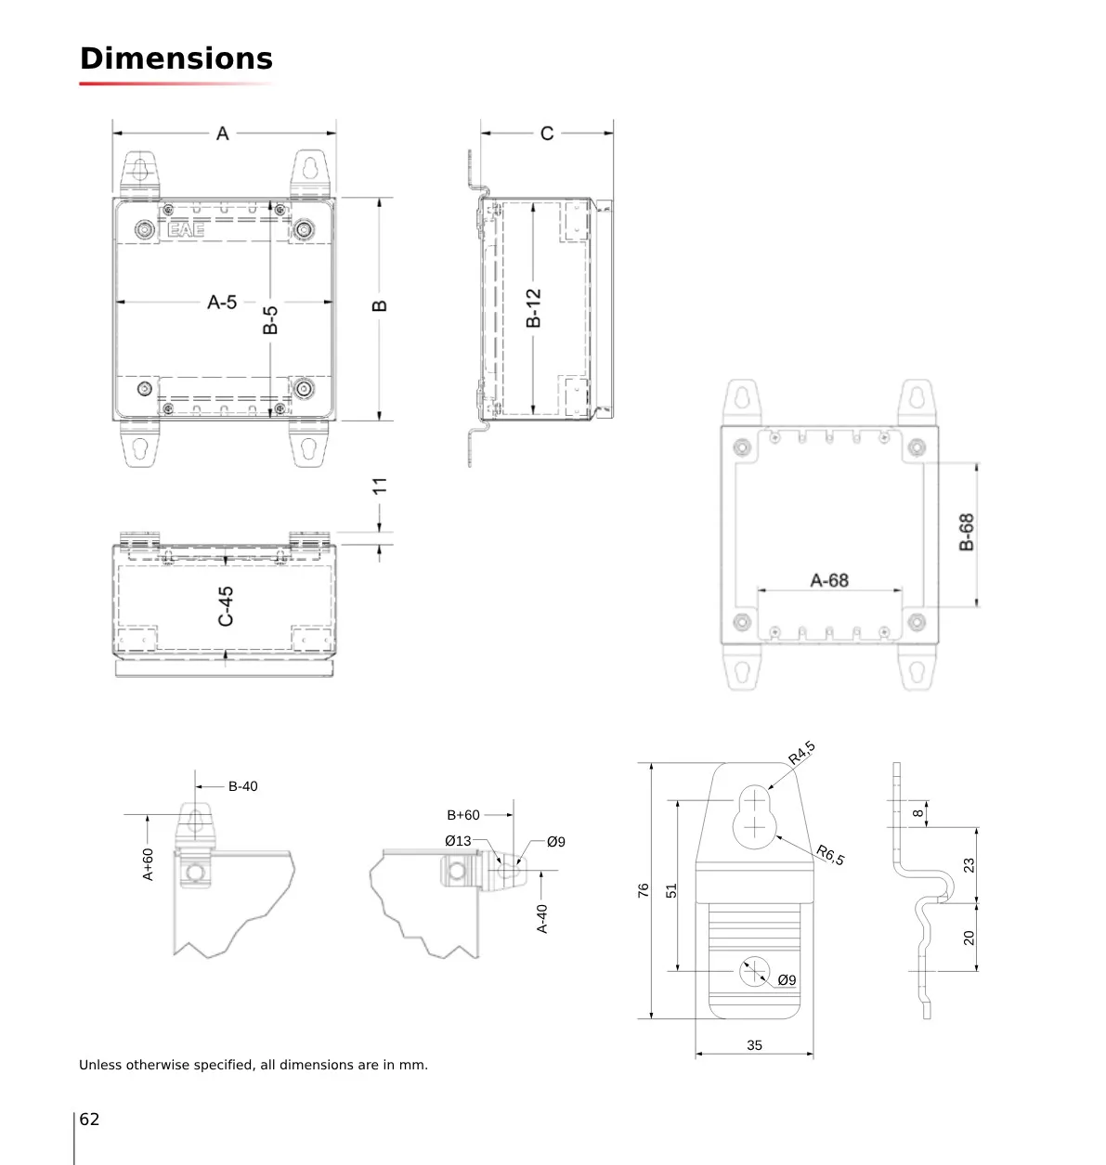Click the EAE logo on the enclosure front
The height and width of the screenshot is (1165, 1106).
[x=186, y=230]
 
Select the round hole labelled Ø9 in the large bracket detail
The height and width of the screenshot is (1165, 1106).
[x=754, y=971]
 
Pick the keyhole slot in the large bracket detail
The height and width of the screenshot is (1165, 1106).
[x=754, y=817]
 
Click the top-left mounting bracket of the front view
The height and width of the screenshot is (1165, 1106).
[x=140, y=174]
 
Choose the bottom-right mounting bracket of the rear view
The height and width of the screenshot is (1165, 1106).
[x=917, y=667]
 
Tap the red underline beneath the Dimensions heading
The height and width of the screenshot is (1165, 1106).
[x=176, y=84]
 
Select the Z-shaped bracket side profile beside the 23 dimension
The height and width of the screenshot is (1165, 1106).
[x=920, y=890]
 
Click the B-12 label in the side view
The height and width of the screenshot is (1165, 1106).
[x=534, y=307]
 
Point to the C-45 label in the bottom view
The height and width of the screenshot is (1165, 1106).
[x=226, y=606]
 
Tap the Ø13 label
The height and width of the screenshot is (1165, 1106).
[x=458, y=841]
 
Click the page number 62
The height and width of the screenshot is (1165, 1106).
[x=89, y=1119]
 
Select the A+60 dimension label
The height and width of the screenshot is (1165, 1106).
[x=148, y=864]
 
